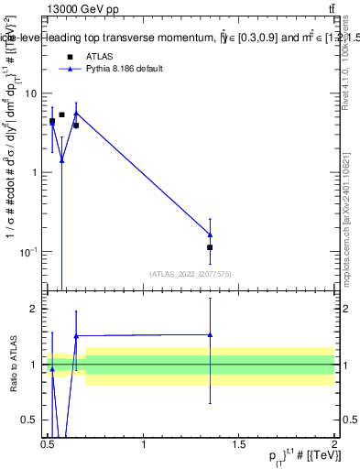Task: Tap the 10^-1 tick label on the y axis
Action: pyautogui.click(x=31, y=251)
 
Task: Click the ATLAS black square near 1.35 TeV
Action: pyautogui.click(x=210, y=247)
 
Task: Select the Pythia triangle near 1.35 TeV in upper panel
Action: pyautogui.click(x=210, y=235)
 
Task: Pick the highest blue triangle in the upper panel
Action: pyautogui.click(x=76, y=114)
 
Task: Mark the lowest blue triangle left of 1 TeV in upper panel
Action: pyautogui.click(x=61, y=159)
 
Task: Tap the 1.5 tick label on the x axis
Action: pyautogui.click(x=239, y=443)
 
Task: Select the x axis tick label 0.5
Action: pyautogui.click(x=48, y=443)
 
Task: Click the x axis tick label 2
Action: pyautogui.click(x=334, y=443)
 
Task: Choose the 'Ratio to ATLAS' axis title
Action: pyautogui.click(x=14, y=364)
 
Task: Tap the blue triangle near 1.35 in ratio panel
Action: pyautogui.click(x=210, y=334)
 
